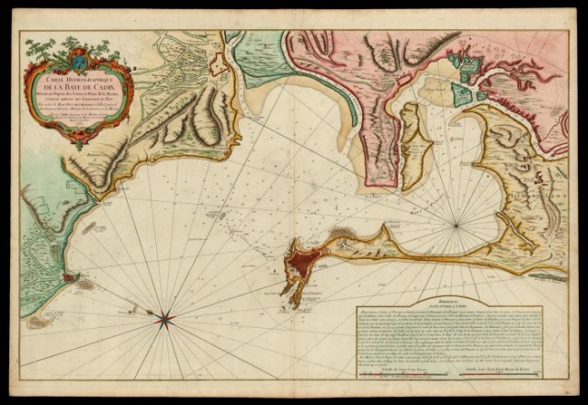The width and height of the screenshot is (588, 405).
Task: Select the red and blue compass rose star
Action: (165, 320)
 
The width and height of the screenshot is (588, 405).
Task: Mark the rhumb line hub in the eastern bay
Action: (457, 223)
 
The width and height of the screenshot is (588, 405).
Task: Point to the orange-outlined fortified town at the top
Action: (219, 63)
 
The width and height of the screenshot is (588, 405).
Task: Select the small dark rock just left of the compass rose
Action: (147, 313)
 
